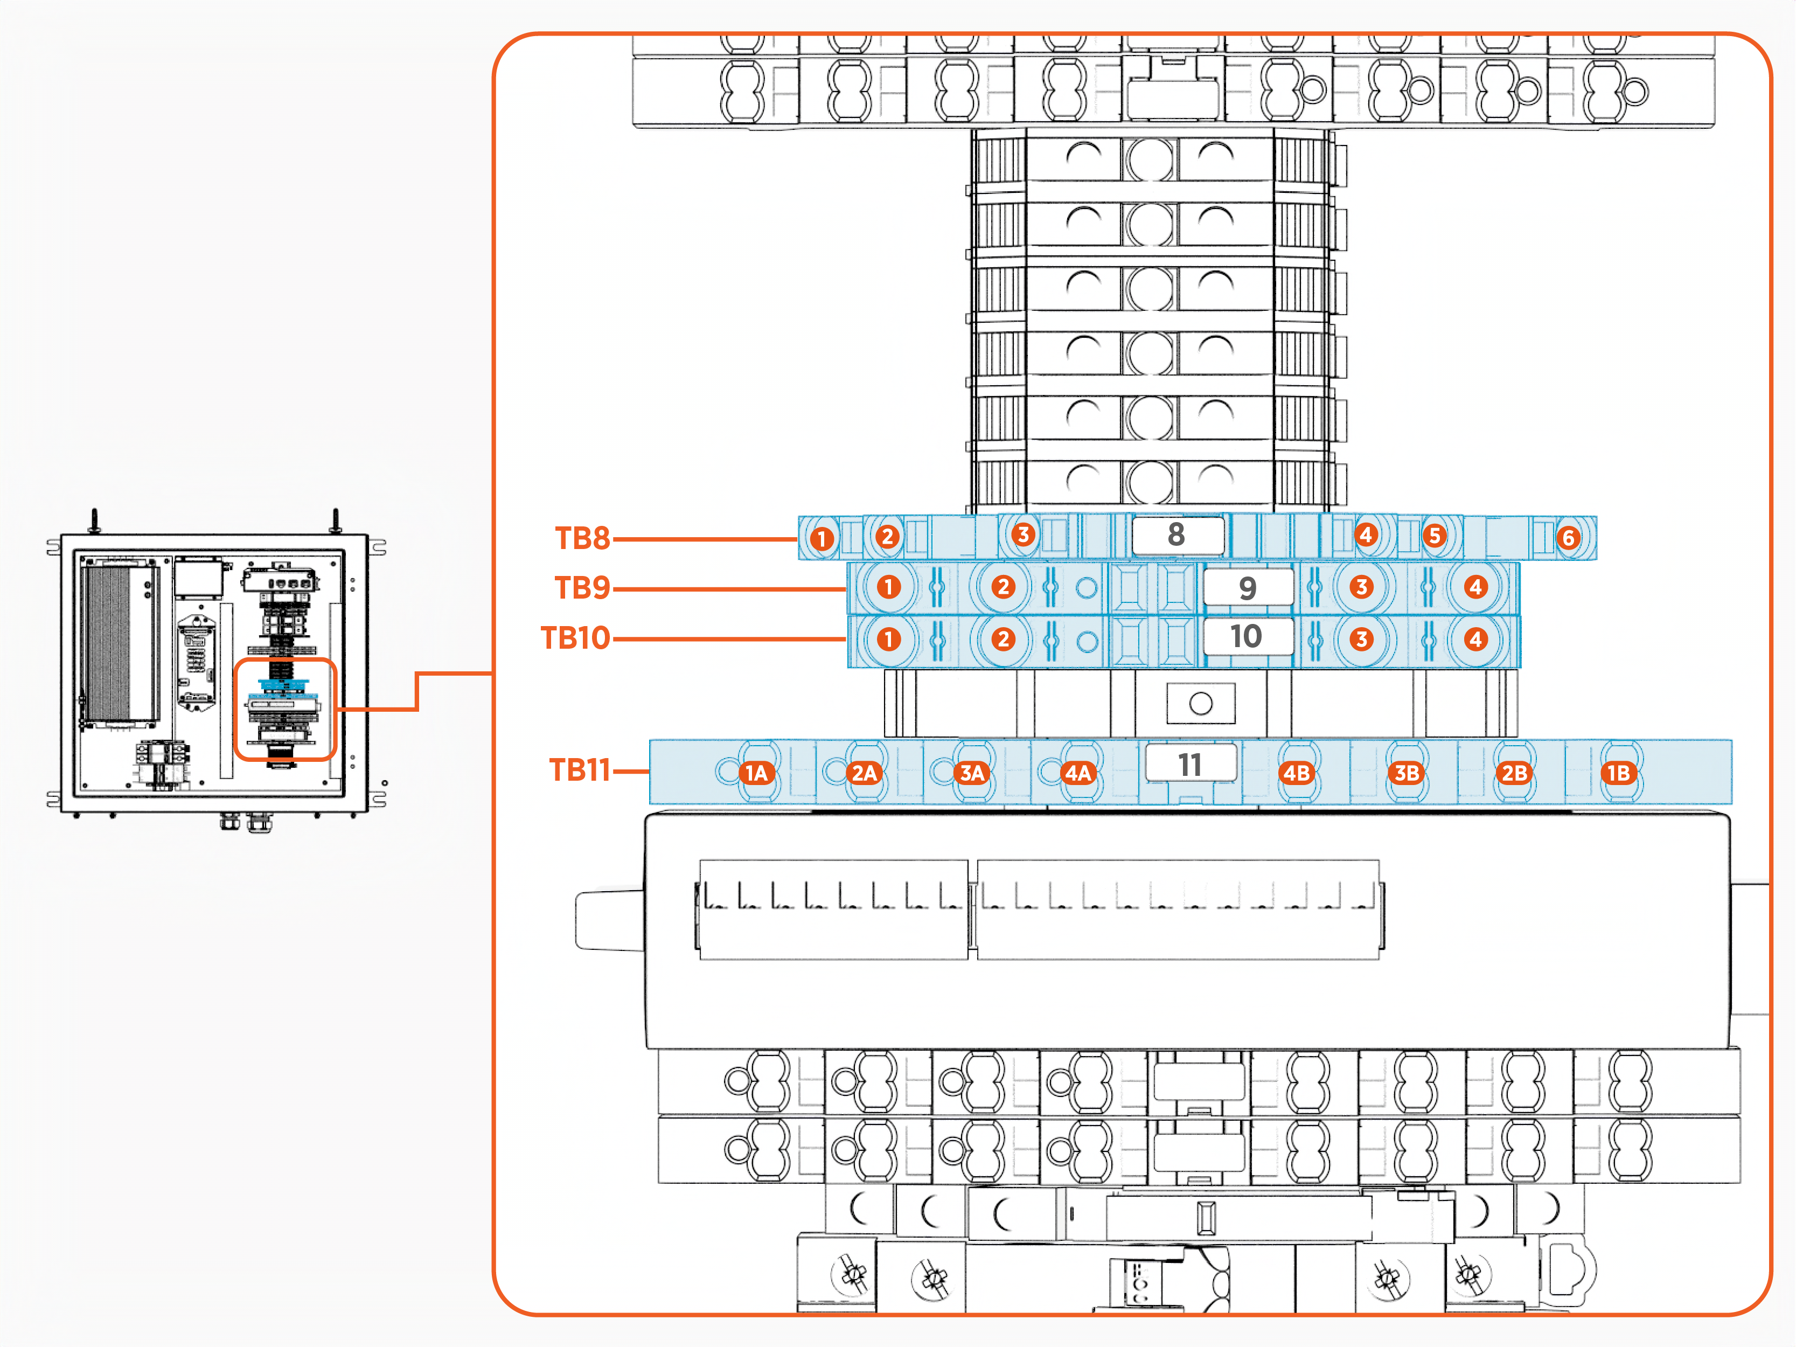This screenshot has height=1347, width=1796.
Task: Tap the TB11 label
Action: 580,770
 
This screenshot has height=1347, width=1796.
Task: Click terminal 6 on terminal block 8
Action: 1568,538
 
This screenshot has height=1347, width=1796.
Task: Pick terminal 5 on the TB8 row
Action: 1435,536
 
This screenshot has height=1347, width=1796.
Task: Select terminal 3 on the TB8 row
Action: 1023,534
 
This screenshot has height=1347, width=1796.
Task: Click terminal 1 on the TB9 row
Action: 889,587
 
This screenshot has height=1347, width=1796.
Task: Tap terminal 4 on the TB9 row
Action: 1475,587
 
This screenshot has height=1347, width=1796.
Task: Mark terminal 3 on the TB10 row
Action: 1362,639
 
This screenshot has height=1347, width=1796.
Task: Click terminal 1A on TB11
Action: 756,773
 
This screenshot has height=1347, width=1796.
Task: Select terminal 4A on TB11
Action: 1077,773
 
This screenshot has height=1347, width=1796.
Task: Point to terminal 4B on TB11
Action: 1297,773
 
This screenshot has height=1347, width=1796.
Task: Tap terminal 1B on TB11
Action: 1618,773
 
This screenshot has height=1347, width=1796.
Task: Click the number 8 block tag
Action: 1177,535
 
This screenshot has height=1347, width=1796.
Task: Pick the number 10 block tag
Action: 1247,636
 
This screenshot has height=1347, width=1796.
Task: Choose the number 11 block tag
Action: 1191,764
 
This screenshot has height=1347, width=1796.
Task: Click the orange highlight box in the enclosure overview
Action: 285,709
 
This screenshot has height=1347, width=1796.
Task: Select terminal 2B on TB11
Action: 1513,773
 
